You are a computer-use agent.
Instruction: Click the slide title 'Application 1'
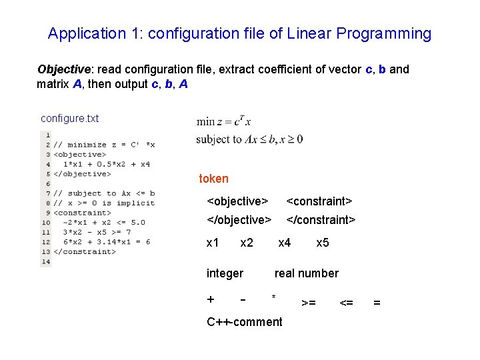[239, 33]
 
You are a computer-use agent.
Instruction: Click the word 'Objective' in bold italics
[63, 69]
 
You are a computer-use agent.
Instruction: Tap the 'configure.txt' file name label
[69, 119]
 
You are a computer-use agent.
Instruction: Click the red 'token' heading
[213, 179]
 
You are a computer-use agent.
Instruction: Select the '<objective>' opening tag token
[237, 201]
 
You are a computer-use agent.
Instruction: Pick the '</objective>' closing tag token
[239, 220]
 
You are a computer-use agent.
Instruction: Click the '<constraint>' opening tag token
[319, 201]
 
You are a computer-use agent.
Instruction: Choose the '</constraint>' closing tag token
[321, 220]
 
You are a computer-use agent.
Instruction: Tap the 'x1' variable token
[213, 243]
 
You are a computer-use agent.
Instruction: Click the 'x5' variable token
[322, 243]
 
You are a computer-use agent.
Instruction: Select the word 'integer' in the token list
[225, 273]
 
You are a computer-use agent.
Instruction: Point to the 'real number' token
[306, 273]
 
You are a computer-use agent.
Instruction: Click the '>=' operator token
[309, 303]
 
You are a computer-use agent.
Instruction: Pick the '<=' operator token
[346, 303]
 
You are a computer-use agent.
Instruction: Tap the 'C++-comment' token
[244, 322]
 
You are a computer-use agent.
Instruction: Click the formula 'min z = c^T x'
[224, 122]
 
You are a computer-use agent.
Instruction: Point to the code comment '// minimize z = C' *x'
[104, 144]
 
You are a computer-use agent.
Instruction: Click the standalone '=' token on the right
[377, 303]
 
